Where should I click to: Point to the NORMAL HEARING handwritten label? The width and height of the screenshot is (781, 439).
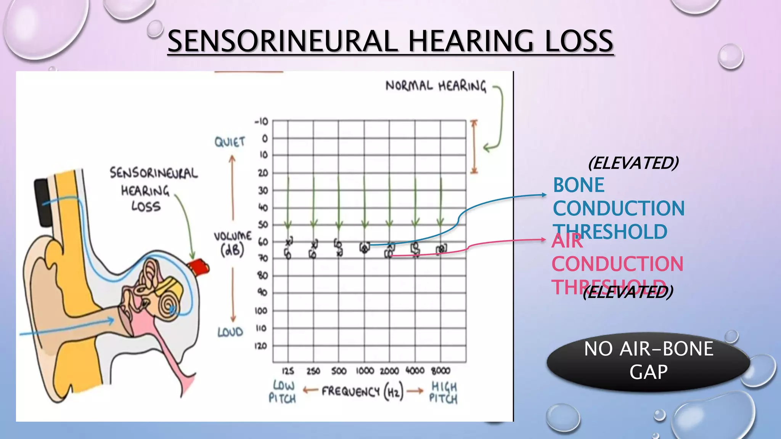point(436,86)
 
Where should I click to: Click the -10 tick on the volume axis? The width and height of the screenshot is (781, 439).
point(261,122)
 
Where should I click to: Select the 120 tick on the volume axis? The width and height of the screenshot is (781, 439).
point(261,346)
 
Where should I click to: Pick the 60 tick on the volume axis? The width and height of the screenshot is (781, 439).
point(263,242)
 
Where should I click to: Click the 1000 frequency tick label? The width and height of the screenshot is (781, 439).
point(365,371)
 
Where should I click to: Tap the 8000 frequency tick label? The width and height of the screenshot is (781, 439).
point(440,371)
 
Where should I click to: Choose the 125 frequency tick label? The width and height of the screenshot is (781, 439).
point(288,371)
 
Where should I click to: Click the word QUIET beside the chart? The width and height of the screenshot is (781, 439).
point(230,142)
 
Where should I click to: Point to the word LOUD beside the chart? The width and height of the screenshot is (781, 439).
point(230,332)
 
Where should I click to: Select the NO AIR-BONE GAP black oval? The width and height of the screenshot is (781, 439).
point(648,360)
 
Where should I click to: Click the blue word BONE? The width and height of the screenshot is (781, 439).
point(579,186)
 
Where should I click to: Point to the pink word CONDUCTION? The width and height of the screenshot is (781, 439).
point(617,264)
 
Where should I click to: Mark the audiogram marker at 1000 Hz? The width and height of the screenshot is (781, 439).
point(365,248)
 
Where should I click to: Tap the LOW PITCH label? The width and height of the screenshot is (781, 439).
point(283,392)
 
